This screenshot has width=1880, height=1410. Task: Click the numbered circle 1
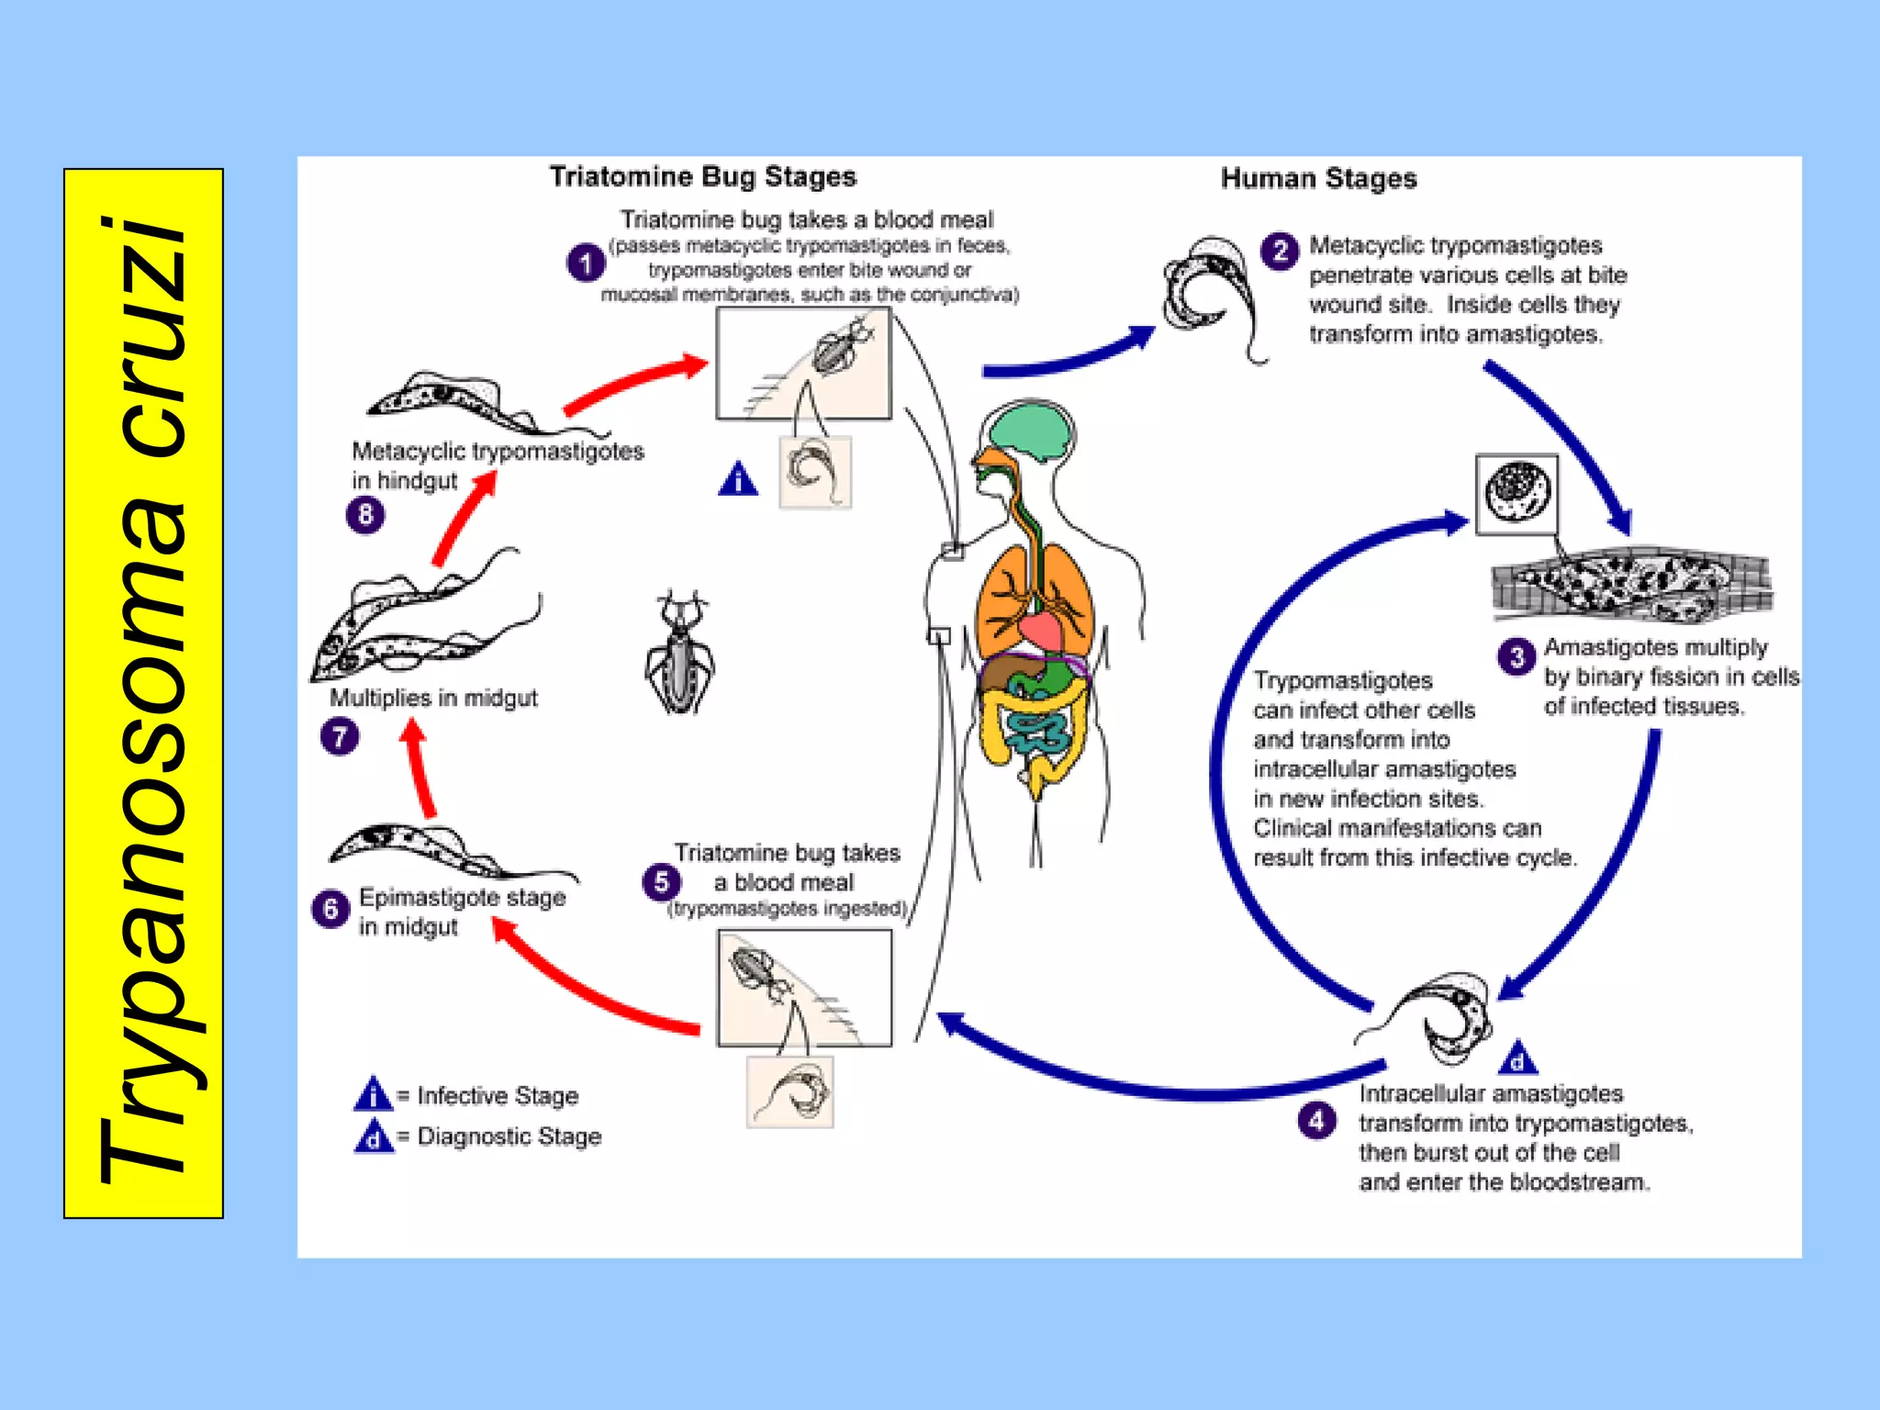point(585,263)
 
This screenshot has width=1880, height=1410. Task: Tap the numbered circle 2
point(1280,250)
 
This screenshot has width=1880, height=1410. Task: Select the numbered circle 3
point(1516,656)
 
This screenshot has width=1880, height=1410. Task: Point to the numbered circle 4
point(1316,1120)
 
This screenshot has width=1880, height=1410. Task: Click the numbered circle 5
point(661,882)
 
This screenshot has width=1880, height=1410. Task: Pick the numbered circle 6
point(330,909)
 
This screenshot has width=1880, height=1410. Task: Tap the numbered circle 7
point(340,736)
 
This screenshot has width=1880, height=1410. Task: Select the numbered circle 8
point(365,514)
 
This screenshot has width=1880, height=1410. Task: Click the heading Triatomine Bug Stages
point(702,176)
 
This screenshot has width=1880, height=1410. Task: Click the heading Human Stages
point(1318,178)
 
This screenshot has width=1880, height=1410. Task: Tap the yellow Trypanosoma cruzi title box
point(143,693)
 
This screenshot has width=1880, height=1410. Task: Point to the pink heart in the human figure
point(1041,631)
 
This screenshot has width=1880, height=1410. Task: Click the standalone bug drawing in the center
point(678,653)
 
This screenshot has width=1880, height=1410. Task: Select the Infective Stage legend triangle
point(373,1094)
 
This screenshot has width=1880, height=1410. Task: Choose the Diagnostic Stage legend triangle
point(373,1137)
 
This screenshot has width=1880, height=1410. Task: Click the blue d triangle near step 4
point(1516,1059)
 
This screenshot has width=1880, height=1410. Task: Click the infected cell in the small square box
point(1516,494)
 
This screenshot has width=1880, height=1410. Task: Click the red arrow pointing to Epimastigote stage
point(587,987)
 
